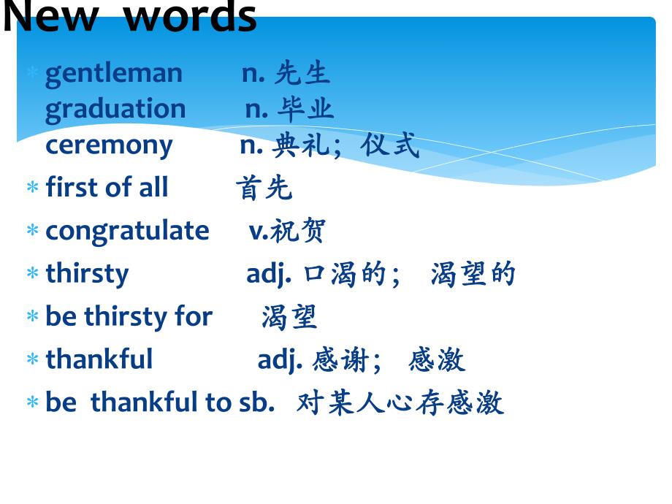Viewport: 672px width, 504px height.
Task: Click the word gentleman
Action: (x=113, y=73)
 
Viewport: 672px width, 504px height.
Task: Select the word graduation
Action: (x=115, y=109)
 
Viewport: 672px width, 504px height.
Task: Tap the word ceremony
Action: (x=109, y=145)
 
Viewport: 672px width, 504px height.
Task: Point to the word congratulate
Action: (x=127, y=231)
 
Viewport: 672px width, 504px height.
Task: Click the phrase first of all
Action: (x=107, y=188)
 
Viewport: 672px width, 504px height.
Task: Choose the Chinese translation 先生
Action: (x=302, y=73)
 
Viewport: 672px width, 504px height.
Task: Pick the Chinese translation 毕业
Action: (x=305, y=109)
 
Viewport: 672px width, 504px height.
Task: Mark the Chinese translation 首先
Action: (x=264, y=188)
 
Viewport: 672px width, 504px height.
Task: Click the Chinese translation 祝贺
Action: (x=298, y=231)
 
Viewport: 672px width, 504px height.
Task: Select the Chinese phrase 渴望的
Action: (x=473, y=274)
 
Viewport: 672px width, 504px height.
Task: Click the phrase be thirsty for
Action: (x=129, y=317)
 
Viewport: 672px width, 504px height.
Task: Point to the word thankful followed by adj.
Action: (x=99, y=359)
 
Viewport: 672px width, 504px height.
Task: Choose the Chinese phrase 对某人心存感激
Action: (x=400, y=402)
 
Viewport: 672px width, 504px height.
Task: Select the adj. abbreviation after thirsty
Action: (x=269, y=274)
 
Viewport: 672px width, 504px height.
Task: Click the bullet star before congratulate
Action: (x=32, y=232)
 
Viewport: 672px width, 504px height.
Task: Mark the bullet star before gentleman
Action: (x=32, y=74)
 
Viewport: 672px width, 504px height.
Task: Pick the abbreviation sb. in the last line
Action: (x=256, y=402)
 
